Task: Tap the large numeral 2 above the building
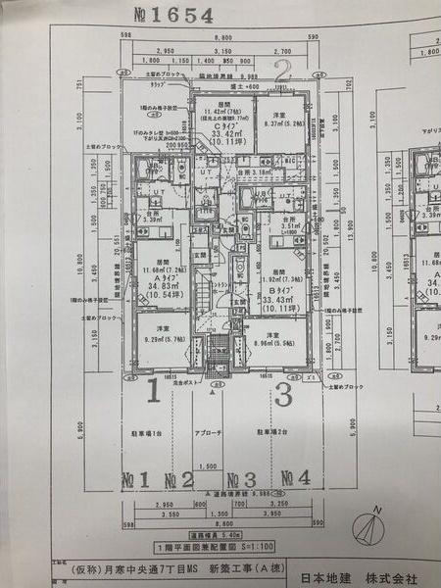[283, 71]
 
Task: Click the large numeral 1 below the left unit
[152, 394]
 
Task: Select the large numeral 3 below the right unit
[285, 395]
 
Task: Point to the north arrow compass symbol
[378, 523]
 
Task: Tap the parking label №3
[242, 479]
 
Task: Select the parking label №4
[295, 479]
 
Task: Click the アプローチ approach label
[215, 430]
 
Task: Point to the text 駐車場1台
[150, 430]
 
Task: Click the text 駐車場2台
[272, 430]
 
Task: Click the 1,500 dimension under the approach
[208, 467]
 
